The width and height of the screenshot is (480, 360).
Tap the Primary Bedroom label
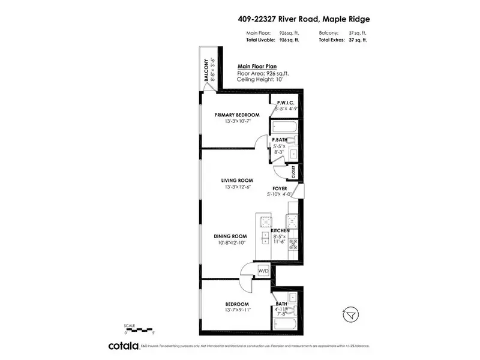click(x=237, y=115)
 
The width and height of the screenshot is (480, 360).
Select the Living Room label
click(x=237, y=180)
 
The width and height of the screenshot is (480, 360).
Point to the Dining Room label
click(x=231, y=236)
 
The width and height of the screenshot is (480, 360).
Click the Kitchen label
click(x=280, y=231)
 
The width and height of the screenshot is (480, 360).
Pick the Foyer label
click(x=281, y=188)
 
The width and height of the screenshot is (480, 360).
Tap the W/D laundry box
click(x=263, y=271)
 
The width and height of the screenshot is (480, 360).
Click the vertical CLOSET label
click(x=293, y=172)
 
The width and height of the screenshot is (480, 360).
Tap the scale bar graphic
click(x=139, y=328)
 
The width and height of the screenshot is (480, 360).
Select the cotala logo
click(x=123, y=346)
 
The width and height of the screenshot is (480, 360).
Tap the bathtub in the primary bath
click(x=281, y=128)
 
